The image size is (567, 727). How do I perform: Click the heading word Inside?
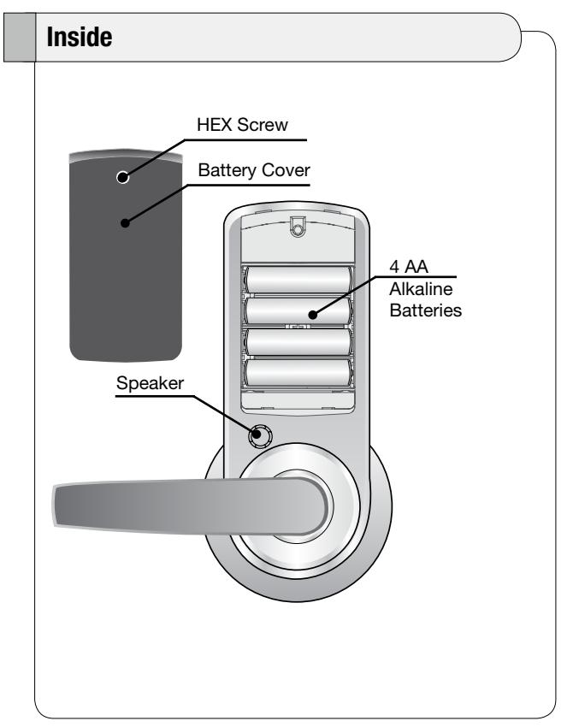pos(80,37)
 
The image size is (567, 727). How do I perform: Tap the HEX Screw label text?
pos(242,125)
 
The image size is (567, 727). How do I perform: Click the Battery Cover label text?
pos(254,170)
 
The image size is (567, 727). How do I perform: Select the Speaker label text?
pos(150,383)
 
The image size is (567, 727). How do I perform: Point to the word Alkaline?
pos(421,289)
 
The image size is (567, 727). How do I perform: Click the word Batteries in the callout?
pos(426,310)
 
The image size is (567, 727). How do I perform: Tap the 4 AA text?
pos(409,267)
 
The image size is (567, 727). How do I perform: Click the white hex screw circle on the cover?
pos(123,177)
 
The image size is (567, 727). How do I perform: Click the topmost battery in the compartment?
pos(298,280)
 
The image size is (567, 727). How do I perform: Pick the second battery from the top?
pos(298,310)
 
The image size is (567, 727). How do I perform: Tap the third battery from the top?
pos(298,342)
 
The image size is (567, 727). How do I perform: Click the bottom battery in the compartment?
pos(298,373)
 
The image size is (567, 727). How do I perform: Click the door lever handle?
pos(190,506)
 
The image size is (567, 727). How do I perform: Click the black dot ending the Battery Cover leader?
pos(125,223)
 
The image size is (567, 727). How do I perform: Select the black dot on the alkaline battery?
pos(313,315)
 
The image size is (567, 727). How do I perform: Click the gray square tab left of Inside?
pos(20,37)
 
